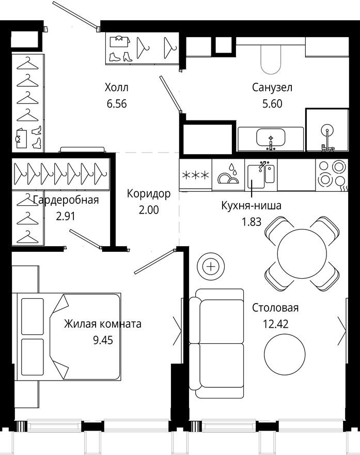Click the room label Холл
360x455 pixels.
tap(116, 87)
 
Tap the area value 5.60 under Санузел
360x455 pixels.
tap(272, 103)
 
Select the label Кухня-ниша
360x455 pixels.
tap(251, 206)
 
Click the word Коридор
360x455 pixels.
tap(148, 194)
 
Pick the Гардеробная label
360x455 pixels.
tap(65, 201)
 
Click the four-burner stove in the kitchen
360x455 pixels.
tap(331, 174)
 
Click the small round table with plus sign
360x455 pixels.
tap(211, 267)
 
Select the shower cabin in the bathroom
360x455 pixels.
tap(327, 130)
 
